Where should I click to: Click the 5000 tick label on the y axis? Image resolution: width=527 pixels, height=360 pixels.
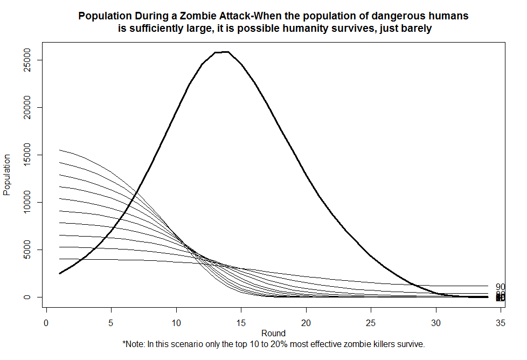[x=33, y=250]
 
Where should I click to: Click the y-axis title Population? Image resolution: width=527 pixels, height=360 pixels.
[x=8, y=175]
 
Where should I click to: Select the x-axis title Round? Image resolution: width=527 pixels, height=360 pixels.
[x=273, y=333]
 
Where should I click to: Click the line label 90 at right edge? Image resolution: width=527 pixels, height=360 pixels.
[x=501, y=287]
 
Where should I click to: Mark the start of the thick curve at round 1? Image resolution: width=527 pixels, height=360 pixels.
[x=60, y=273]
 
